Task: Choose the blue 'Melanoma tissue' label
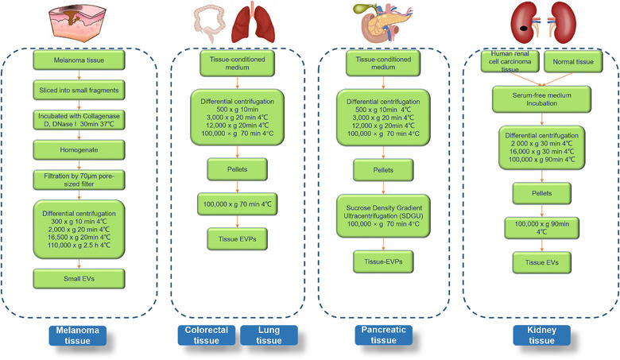(x=76, y=335)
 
